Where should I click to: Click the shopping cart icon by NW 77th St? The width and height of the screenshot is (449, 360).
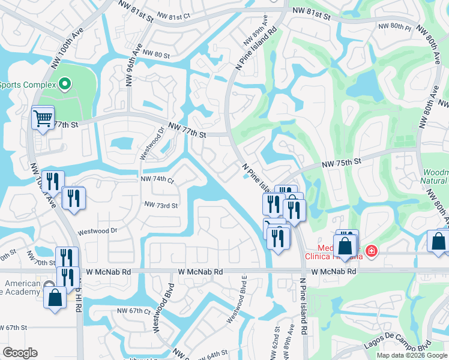coord(43,118)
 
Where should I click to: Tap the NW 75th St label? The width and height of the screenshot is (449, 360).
coord(342,162)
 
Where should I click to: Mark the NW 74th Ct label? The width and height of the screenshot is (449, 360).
coord(157,179)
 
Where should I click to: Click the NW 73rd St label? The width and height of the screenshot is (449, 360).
coord(161,205)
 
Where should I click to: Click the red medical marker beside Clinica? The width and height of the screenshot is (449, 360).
coord(372,250)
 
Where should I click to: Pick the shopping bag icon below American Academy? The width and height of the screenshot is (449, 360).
coord(55,298)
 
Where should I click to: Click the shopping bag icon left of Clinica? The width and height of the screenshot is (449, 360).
coord(345,247)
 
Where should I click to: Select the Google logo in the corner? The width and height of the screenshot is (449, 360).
coord(20,352)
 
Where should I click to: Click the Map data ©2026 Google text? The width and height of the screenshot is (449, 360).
coord(412,355)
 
